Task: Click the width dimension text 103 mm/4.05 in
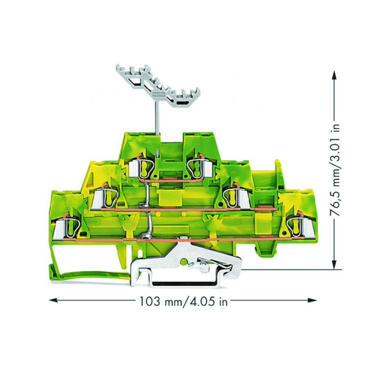183,301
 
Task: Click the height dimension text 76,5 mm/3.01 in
335,170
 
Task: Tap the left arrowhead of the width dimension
53,300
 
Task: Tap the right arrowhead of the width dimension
312,300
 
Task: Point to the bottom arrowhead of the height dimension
335,265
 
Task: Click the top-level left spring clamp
141,168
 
